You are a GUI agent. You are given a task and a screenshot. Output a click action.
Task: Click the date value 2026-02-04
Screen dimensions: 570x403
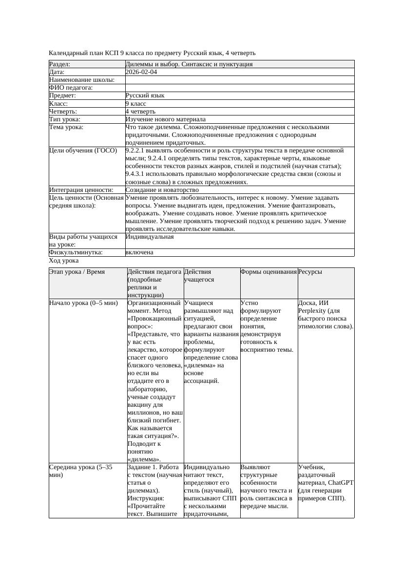(141, 72)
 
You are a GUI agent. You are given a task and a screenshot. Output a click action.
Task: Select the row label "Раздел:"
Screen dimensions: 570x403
(60, 64)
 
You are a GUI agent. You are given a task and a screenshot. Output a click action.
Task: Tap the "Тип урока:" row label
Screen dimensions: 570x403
(65, 119)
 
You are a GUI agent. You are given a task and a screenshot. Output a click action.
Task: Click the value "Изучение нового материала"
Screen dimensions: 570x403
(165, 119)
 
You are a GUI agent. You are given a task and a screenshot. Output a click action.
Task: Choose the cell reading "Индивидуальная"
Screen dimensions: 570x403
(150, 237)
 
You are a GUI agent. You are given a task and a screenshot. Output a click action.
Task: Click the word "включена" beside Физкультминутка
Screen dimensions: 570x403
(139, 252)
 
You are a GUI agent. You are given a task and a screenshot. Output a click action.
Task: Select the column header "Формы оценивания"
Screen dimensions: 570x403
(269, 272)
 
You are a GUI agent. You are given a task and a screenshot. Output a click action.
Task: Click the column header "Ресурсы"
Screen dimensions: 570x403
(310, 272)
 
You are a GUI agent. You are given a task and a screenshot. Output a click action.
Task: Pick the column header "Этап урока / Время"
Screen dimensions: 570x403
(77, 272)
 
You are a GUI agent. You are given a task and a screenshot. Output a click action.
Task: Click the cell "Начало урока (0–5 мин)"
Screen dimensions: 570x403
(83, 303)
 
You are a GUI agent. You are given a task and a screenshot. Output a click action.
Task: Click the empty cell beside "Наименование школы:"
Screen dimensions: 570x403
(239, 80)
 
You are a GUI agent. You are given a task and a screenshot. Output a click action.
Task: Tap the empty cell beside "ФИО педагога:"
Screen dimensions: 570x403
(239, 88)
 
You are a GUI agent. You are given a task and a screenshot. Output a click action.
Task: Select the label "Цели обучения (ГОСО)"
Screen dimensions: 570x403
(83, 151)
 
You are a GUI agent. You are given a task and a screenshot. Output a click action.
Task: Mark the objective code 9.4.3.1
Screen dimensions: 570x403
(137, 174)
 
